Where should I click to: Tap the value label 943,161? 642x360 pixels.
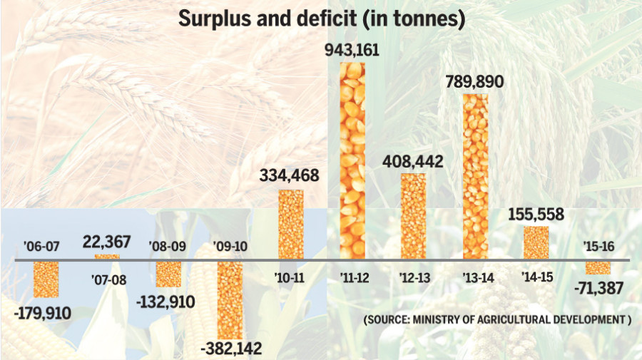[352, 51]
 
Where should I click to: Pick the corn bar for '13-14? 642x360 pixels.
[475, 177]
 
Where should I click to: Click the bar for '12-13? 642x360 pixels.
[413, 216]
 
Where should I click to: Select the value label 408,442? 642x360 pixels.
[413, 161]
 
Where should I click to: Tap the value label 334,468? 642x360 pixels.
[290, 175]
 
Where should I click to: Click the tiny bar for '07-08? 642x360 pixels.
[107, 257]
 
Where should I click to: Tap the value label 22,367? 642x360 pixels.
[107, 242]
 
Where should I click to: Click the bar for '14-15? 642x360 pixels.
[536, 243]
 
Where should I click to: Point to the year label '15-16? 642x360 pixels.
[598, 246]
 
